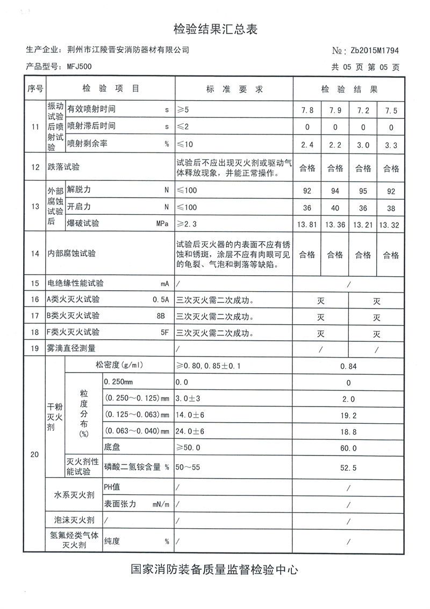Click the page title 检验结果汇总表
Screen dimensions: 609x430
(216, 29)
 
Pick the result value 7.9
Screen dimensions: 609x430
(335, 111)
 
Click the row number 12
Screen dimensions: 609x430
(35, 167)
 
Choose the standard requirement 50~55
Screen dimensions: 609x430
(188, 467)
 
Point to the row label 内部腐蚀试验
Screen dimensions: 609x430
(71, 254)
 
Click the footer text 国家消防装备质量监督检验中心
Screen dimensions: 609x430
(215, 569)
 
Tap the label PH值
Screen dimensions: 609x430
(112, 487)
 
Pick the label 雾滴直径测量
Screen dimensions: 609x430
(75, 349)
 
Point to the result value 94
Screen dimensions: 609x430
(335, 190)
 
